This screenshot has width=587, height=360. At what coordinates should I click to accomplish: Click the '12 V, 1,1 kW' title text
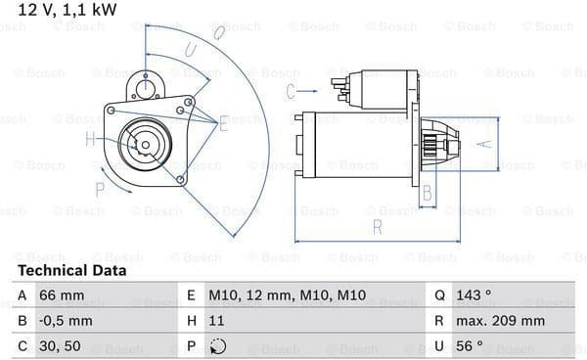pyautogui.click(x=68, y=10)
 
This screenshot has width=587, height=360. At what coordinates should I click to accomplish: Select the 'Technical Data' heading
pyautogui.click(x=71, y=270)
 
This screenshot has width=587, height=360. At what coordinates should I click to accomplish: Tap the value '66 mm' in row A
pyautogui.click(x=62, y=295)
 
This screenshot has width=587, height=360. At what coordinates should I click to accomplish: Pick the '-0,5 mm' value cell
pyautogui.click(x=66, y=321)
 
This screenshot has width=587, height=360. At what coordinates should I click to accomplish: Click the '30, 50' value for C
pyautogui.click(x=60, y=346)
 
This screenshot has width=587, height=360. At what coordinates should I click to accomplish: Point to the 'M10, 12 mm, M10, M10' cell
pyautogui.click(x=287, y=295)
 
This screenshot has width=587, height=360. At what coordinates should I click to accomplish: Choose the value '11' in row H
pyautogui.click(x=216, y=321)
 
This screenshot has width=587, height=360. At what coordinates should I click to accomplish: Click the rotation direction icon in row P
pyautogui.click(x=218, y=346)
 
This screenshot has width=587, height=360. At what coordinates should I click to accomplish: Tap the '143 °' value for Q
pyautogui.click(x=474, y=295)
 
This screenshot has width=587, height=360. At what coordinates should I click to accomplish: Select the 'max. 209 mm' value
pyautogui.click(x=500, y=321)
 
